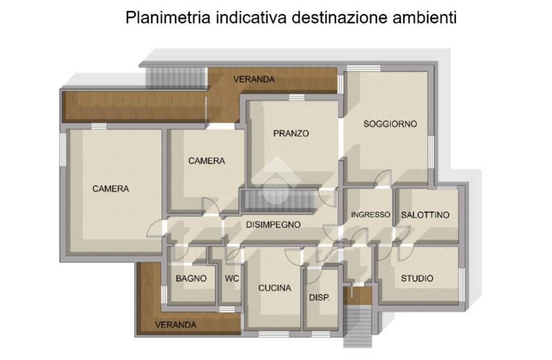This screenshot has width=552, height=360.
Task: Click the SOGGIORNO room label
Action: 390,124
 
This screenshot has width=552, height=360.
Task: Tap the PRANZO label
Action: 291,133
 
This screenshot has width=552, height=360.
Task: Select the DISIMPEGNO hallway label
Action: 273,225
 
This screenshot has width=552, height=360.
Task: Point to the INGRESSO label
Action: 371,214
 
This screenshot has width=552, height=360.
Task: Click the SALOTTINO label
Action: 425,214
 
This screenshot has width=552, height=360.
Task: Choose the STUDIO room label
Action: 417,279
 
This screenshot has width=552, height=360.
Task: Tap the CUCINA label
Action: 274,288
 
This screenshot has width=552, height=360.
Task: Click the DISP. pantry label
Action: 320,297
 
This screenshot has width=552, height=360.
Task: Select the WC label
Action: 232,279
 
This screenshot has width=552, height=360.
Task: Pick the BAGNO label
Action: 191,279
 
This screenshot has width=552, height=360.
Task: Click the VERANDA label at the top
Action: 254,79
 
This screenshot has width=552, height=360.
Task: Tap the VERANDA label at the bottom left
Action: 175,324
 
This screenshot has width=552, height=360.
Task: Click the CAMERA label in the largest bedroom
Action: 111,189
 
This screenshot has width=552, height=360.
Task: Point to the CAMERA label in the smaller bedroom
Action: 206,161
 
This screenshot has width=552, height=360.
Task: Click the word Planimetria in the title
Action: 168,18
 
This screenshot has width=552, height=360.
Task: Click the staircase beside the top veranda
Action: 176,77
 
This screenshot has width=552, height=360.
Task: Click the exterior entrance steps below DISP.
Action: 358,326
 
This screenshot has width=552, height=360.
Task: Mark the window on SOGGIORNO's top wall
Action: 364,68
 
